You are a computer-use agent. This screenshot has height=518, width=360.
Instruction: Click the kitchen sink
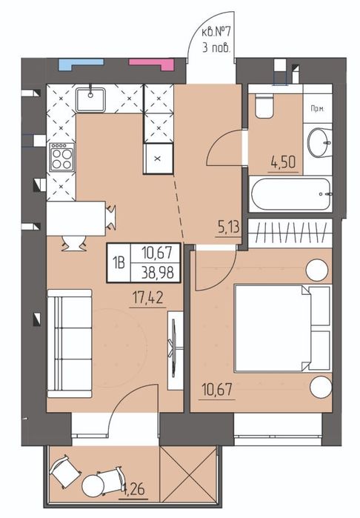tap(90, 99)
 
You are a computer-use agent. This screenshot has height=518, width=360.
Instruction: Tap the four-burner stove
tap(61, 157)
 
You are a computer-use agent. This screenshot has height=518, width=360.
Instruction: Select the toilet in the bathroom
tap(264, 104)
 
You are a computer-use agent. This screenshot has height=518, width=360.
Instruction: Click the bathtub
tap(290, 194)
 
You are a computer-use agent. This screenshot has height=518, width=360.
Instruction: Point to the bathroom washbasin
tap(319, 142)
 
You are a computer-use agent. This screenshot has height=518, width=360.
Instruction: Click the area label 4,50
tap(283, 162)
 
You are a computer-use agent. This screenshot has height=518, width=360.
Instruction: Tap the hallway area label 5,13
tap(228, 228)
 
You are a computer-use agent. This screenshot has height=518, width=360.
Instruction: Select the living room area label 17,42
tap(147, 299)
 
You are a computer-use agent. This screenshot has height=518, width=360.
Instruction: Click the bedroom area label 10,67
tap(216, 390)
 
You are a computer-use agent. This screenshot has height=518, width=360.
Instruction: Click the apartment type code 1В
tap(119, 263)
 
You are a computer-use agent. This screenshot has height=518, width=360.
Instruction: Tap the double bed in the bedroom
tap(282, 328)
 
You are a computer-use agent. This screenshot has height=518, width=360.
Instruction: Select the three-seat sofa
tap(70, 343)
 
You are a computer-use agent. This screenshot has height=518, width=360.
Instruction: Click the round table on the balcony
tap(93, 485)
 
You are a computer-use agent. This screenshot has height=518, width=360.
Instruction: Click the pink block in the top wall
tap(151, 64)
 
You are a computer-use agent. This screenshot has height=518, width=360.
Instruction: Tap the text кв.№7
tap(216, 33)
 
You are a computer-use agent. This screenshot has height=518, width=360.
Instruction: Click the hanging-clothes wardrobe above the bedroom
tap(290, 233)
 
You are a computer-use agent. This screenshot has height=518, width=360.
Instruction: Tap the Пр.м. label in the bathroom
tap(317, 108)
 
